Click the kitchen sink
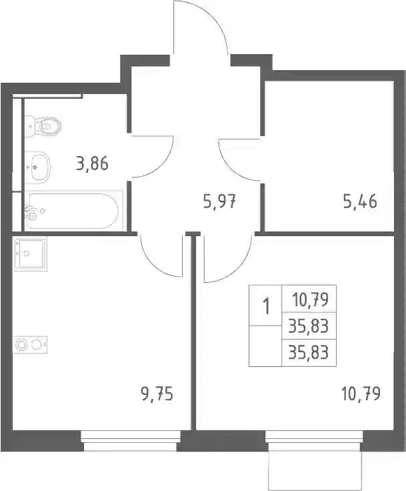(x=30, y=254)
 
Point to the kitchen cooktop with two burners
(x=30, y=344)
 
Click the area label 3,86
(x=93, y=163)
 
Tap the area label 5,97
(x=219, y=201)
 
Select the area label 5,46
(x=360, y=201)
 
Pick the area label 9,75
(x=157, y=394)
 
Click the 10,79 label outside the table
(x=361, y=394)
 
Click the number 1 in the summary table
(x=266, y=306)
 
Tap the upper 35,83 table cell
(x=309, y=327)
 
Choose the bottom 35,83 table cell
(x=309, y=353)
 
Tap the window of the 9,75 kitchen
(x=131, y=440)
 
